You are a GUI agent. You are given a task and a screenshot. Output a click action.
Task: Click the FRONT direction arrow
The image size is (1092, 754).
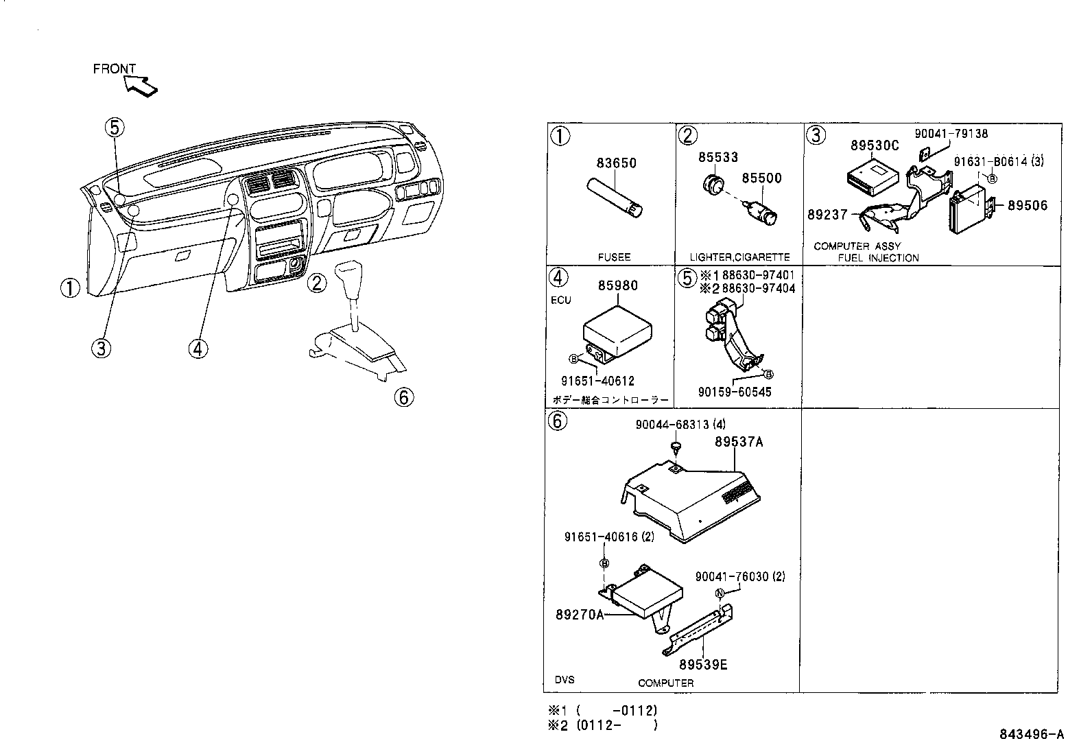tap(142, 84)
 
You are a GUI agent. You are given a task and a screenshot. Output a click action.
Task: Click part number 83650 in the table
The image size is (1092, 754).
tap(616, 163)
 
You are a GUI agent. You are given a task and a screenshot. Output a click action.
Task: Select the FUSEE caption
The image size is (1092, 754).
tap(614, 257)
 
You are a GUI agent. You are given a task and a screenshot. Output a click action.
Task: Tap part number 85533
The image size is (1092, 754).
tap(718, 157)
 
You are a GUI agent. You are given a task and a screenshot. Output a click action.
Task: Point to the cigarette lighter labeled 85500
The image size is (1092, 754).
tap(762, 214)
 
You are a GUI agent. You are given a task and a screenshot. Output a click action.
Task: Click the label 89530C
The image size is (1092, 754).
tap(875, 146)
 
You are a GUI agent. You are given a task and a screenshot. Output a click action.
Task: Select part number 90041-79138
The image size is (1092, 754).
tap(951, 134)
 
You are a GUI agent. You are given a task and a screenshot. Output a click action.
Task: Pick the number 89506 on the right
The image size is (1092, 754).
tap(1027, 205)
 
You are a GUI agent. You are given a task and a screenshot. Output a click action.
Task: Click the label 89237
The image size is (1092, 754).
tap(827, 215)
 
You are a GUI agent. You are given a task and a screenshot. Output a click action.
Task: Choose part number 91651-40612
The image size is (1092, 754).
tap(597, 381)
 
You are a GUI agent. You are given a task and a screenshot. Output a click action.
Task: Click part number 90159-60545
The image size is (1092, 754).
tap(735, 392)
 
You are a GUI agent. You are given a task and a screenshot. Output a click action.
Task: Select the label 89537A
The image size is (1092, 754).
tap(738, 442)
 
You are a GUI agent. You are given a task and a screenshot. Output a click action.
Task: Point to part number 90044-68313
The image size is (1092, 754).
tap(675, 425)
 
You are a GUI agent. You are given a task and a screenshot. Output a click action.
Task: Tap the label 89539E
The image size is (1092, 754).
tap(703, 664)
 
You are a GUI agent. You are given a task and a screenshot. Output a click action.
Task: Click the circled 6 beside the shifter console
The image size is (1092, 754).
tap(405, 397)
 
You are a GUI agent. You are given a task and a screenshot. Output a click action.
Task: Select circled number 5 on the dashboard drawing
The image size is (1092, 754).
tap(115, 126)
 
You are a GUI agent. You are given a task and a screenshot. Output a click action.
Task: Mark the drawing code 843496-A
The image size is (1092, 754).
tap(1031, 735)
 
